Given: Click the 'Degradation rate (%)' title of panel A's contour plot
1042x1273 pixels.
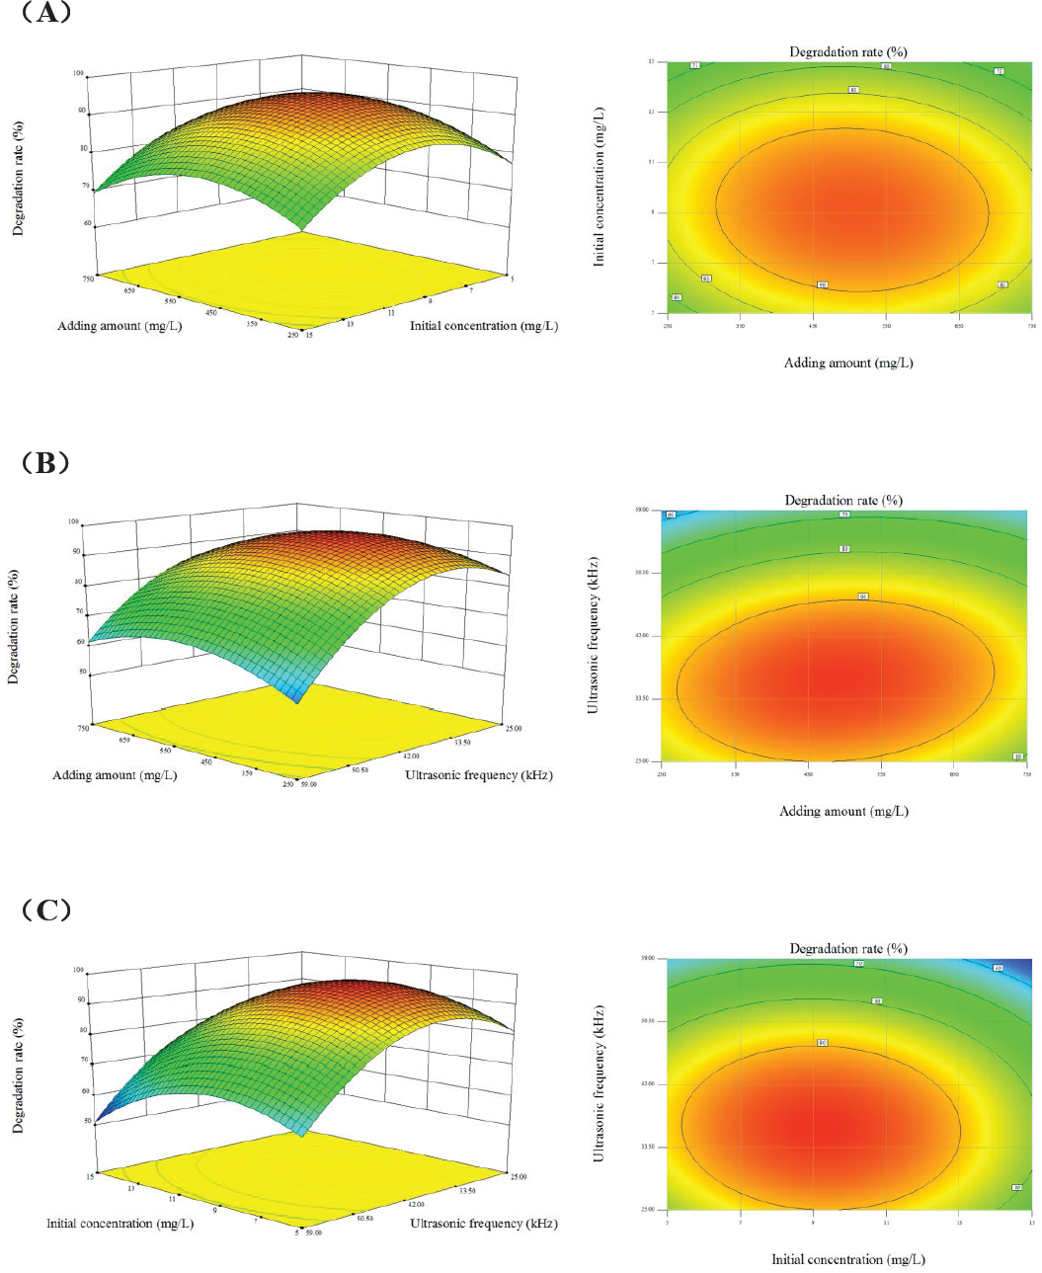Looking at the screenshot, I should tap(847, 51).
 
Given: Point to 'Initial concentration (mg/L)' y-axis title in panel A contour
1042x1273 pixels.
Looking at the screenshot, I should tap(599, 187).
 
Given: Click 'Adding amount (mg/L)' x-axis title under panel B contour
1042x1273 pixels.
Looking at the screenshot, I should tap(843, 811).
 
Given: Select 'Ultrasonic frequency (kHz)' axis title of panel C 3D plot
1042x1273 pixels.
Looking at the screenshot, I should tap(483, 1224).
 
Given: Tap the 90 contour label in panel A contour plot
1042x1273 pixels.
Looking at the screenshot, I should tap(822, 284).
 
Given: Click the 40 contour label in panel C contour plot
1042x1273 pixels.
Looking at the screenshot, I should tap(998, 968).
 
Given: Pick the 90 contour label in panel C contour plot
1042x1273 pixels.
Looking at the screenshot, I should tap(822, 1042).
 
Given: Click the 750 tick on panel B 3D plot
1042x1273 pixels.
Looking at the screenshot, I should tap(83, 728).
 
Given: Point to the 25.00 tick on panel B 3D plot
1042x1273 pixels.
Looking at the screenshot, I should tap(514, 728).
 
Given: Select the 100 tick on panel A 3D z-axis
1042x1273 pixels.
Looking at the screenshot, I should tap(77, 74).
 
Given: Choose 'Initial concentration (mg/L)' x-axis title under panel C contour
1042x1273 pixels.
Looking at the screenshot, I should tap(847, 1259).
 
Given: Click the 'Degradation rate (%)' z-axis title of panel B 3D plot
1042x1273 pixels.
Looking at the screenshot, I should tap(14, 626).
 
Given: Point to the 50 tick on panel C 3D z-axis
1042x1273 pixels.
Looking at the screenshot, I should tap(87, 1121).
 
